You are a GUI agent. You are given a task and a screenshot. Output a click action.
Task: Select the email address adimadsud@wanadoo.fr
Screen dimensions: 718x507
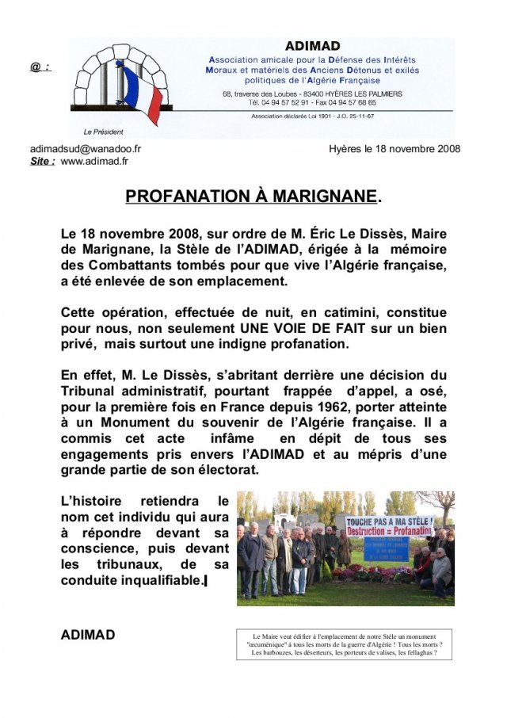86,149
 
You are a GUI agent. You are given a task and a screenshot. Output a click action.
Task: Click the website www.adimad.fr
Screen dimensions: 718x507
94,161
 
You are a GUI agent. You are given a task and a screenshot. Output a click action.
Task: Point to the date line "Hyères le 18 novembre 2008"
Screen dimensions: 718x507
394,149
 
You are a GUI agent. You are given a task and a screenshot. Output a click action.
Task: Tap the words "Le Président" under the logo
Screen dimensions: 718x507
104,132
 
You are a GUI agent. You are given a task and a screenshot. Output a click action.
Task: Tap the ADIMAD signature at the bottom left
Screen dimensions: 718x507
88,635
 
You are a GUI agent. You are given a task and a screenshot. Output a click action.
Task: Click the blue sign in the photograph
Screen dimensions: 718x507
387,548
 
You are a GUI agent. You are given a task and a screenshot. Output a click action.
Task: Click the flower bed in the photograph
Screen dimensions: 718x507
372,574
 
